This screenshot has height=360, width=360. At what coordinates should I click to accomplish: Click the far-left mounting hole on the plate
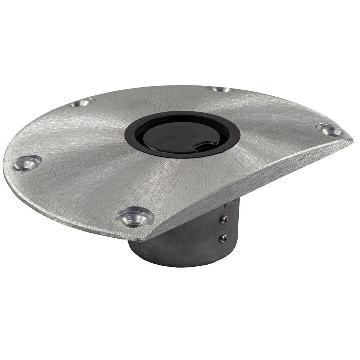pyautogui.click(x=27, y=164)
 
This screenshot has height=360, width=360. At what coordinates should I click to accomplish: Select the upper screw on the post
pyautogui.click(x=223, y=220)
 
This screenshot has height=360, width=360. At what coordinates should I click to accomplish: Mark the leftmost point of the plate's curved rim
pyautogui.click(x=4, y=165)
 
